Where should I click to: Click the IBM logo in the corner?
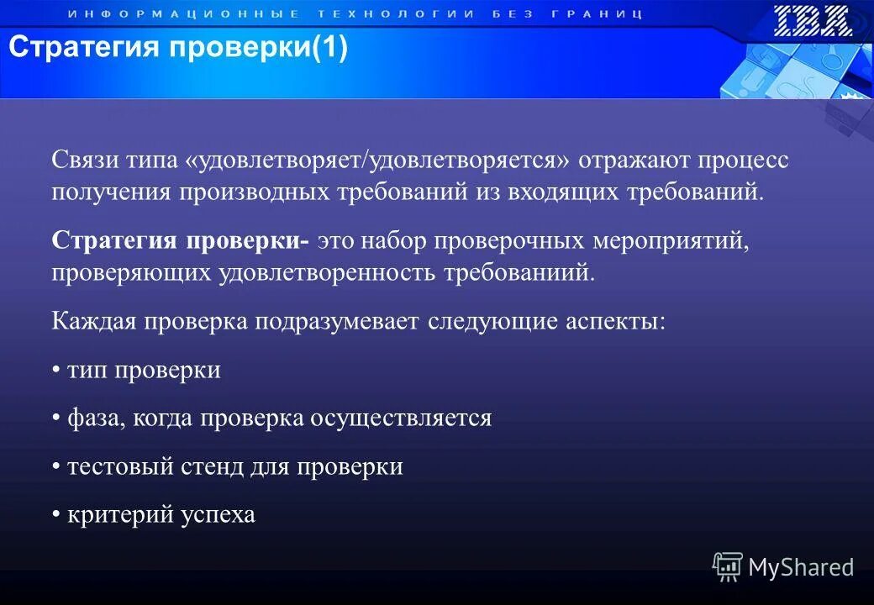pos(813,20)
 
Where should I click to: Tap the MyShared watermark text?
pos(800,567)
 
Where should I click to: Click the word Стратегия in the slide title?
pos(83,48)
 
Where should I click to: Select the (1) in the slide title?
pos(329,48)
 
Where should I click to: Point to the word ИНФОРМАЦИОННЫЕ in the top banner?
pos(182,14)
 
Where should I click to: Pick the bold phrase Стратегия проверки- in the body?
pos(180,241)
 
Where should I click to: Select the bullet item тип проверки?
pos(143,371)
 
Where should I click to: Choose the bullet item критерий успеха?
pos(161,514)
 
